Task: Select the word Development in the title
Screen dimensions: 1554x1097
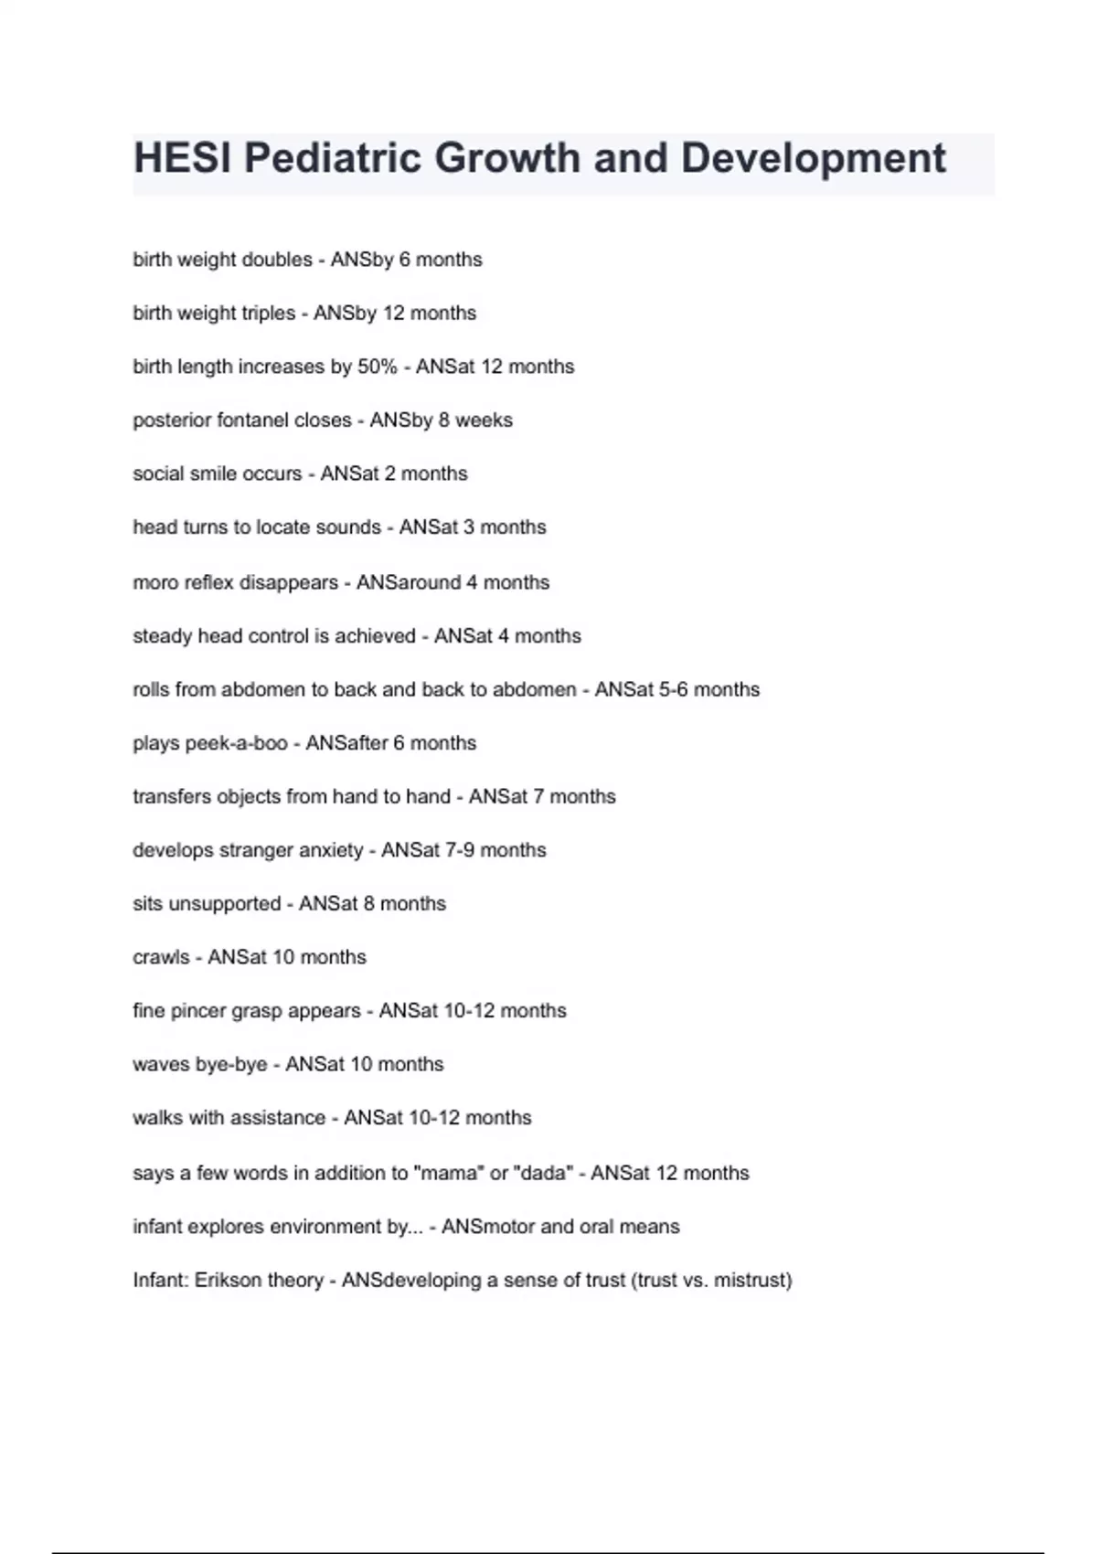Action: [x=813, y=158]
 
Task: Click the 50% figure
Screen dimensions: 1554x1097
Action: [x=378, y=367]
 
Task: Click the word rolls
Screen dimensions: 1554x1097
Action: [x=151, y=689]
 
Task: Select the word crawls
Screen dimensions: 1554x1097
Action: [x=161, y=957]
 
